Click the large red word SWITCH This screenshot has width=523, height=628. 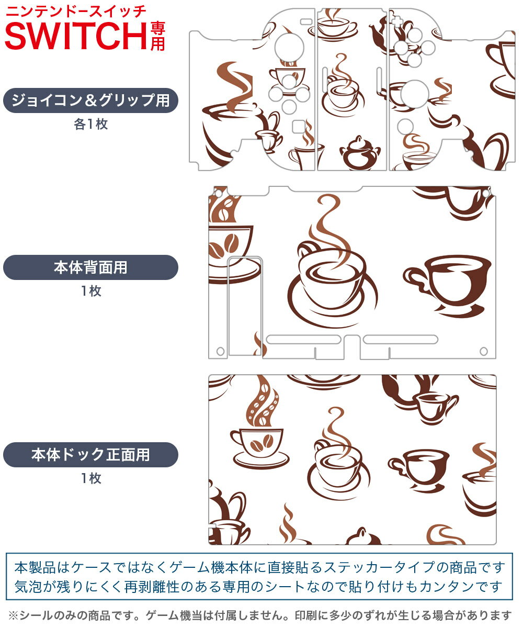(76, 36)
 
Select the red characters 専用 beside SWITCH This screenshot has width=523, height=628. (157, 37)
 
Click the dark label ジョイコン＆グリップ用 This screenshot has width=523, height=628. (90, 100)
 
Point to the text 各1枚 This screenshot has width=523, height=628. (90, 124)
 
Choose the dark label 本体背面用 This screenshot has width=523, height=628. (90, 267)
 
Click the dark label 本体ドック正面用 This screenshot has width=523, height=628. (90, 455)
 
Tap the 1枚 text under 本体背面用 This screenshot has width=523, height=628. (91, 291)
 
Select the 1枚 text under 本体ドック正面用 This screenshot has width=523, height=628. (91, 478)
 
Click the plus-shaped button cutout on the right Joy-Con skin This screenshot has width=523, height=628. (397, 21)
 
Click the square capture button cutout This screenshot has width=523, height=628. (299, 126)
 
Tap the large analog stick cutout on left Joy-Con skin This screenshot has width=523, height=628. (289, 48)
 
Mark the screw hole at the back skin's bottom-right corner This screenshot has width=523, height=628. (484, 351)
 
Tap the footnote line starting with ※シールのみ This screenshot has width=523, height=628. (260, 615)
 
